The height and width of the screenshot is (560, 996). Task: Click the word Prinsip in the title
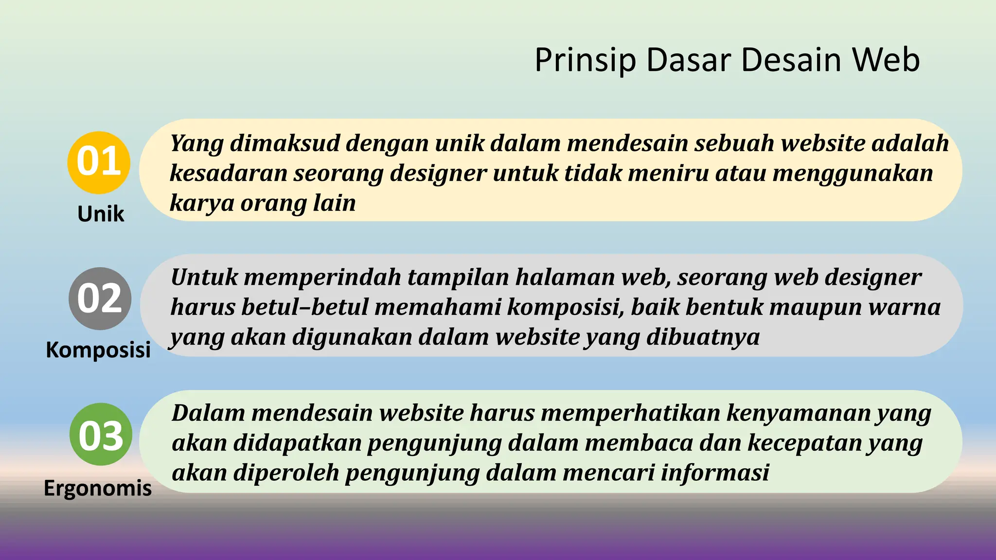point(585,60)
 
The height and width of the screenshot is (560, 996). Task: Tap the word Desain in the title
point(792,60)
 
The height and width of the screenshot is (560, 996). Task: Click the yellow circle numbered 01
point(99,162)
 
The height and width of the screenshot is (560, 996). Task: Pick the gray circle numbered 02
point(100,298)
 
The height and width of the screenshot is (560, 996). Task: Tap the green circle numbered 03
point(101,435)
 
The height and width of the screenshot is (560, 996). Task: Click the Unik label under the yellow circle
point(101,214)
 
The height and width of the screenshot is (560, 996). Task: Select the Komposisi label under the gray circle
point(98,350)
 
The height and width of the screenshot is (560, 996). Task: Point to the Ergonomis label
point(98,488)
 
